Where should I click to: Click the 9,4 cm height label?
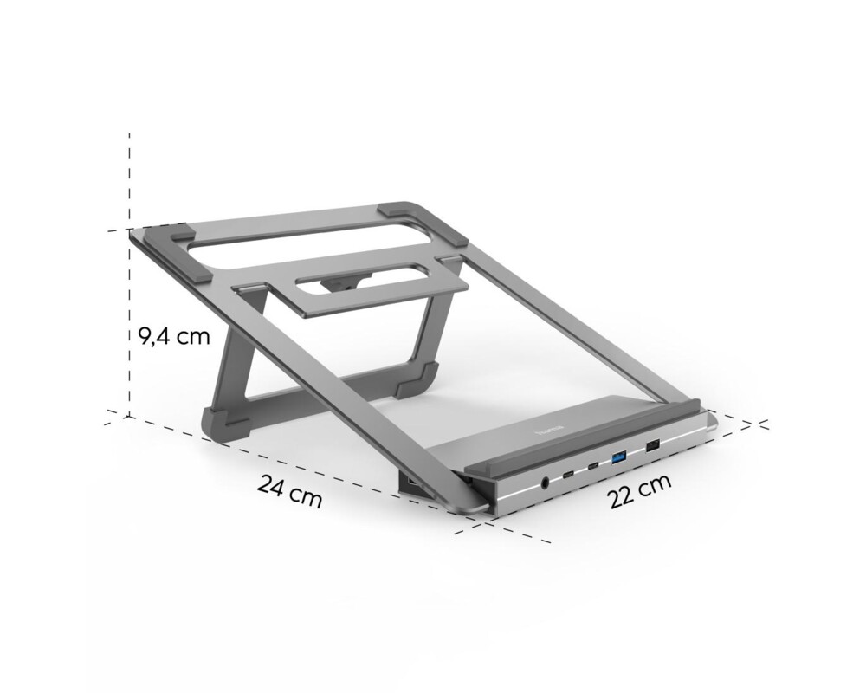pos(175,336)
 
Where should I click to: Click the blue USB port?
pos(619,456)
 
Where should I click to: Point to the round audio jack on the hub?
pos(546,483)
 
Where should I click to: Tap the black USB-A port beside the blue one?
pos(651,446)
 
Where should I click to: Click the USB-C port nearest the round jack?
pos(567,475)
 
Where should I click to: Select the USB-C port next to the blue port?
pos(593,467)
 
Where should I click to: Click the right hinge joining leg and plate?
pos(449,259)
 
